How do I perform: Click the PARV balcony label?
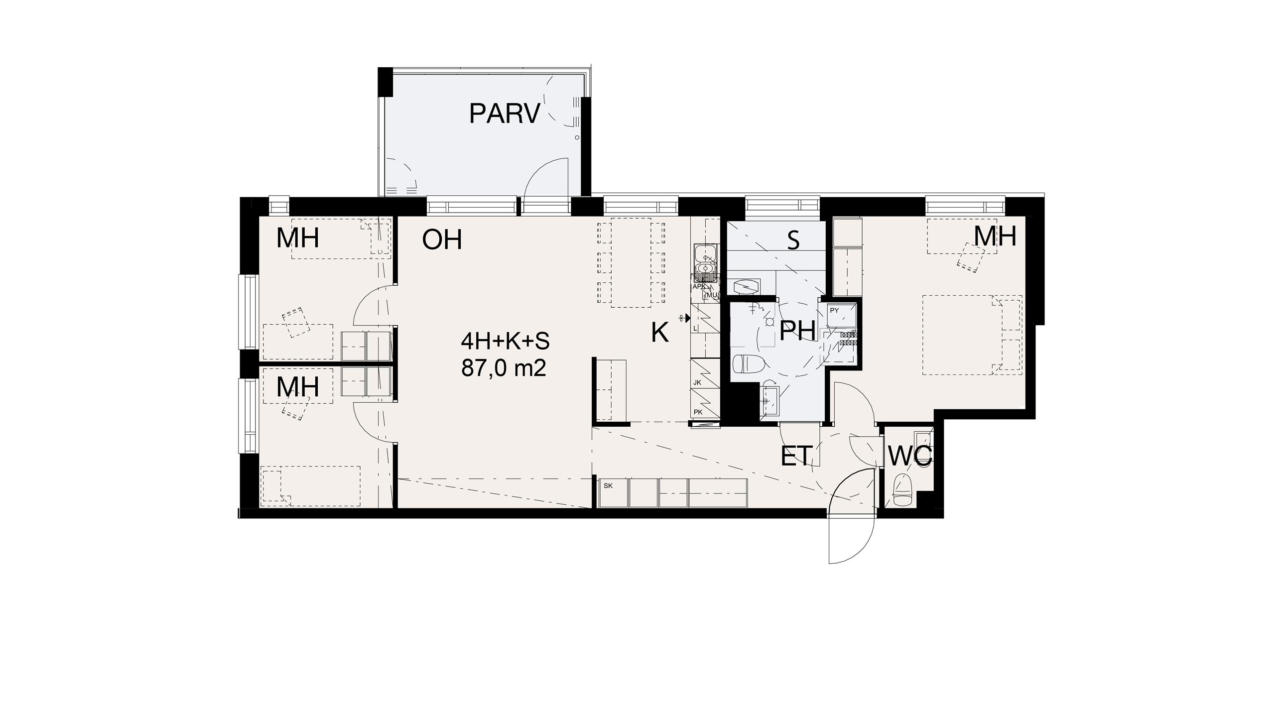(505, 114)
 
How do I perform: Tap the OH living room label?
(442, 239)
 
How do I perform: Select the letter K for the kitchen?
(660, 332)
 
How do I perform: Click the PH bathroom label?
(797, 331)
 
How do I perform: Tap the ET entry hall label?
(797, 456)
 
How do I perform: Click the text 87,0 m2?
(504, 369)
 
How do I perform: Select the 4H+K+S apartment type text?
(505, 342)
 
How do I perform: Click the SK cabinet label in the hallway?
(608, 485)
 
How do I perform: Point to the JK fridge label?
(697, 383)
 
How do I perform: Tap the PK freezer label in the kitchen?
(698, 412)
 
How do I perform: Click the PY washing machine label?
(835, 311)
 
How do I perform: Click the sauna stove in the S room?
(746, 286)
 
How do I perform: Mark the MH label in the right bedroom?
(995, 237)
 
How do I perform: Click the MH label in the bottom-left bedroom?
(298, 387)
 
